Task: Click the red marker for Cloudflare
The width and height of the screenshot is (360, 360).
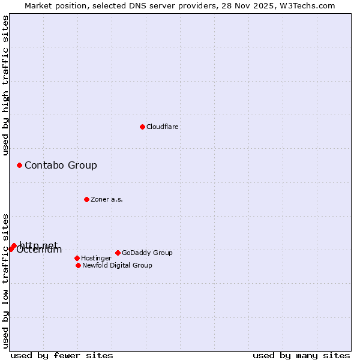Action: (x=142, y=127)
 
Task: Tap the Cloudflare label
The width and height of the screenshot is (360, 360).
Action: (x=163, y=127)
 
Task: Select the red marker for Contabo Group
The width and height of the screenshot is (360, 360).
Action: (x=19, y=165)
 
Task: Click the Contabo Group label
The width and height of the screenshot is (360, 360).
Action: (x=61, y=165)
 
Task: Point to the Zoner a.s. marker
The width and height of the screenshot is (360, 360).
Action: (x=86, y=199)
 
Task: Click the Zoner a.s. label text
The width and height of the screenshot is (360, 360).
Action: (x=107, y=199)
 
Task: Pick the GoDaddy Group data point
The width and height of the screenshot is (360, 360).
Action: (x=118, y=253)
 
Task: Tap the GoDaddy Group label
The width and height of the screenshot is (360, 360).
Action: (x=147, y=253)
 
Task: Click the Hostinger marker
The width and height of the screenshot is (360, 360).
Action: (x=77, y=258)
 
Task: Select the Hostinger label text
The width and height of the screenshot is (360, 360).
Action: (x=96, y=258)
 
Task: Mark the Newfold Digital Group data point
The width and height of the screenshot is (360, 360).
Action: (x=78, y=265)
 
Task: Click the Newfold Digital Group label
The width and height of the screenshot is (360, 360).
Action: (x=117, y=265)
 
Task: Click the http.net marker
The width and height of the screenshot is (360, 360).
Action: (x=14, y=245)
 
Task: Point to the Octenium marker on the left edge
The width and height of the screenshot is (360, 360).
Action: (x=11, y=248)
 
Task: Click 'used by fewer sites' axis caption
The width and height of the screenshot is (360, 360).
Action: (x=62, y=355)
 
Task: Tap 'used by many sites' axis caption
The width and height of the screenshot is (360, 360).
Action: (x=301, y=355)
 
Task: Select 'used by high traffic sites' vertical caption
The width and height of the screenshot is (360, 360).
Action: (x=5, y=85)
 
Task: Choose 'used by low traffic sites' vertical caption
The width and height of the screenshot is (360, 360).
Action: (x=5, y=281)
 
